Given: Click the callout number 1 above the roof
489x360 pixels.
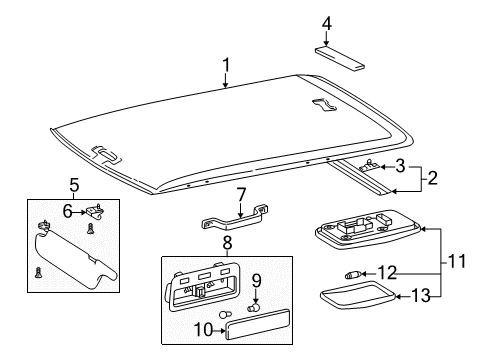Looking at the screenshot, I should tap(226, 66).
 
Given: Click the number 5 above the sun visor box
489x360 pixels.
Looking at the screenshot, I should tap(73, 183).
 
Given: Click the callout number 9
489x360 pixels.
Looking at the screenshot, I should tap(255, 280).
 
